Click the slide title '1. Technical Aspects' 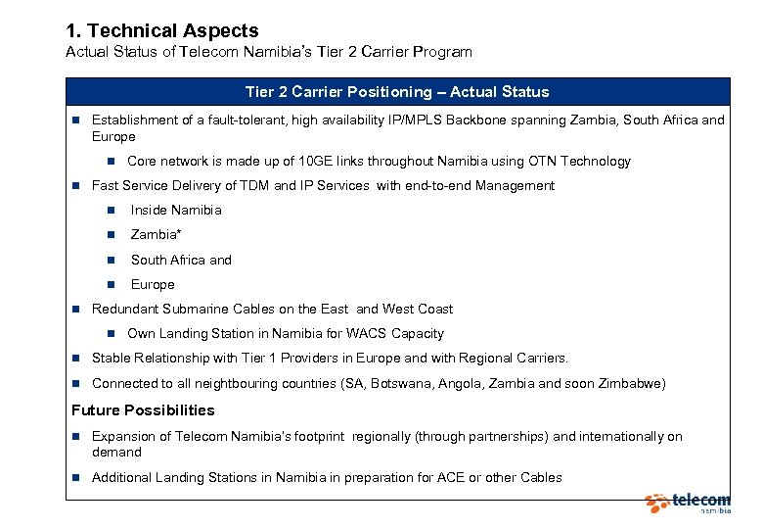[x=161, y=30]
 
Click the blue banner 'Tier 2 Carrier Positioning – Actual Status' [x=397, y=92]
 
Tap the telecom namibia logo [x=688, y=504]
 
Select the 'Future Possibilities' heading [x=143, y=410]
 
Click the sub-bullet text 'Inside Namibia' [x=176, y=211]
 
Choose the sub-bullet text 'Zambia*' [x=157, y=235]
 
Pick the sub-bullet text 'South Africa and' [x=181, y=261]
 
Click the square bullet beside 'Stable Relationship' [x=74, y=359]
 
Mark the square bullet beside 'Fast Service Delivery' [x=74, y=186]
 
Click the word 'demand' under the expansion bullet [x=116, y=453]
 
